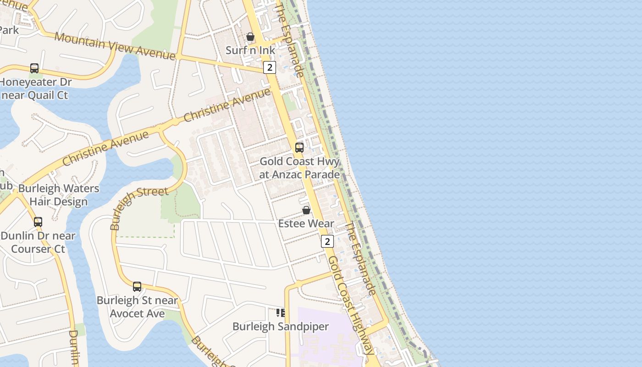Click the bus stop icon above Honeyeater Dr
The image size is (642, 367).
pyautogui.click(x=34, y=68)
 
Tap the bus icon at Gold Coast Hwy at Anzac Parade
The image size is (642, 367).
pyautogui.click(x=299, y=147)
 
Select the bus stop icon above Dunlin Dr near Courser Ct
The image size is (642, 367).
pyautogui.click(x=38, y=222)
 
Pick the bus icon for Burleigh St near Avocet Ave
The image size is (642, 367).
pyautogui.click(x=137, y=287)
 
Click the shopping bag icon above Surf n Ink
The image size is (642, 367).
pyautogui.click(x=250, y=37)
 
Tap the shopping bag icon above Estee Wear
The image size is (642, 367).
pyautogui.click(x=306, y=210)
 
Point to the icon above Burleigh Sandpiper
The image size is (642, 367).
pyautogui.click(x=281, y=313)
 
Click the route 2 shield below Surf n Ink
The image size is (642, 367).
pyautogui.click(x=270, y=67)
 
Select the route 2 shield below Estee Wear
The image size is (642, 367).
pyautogui.click(x=327, y=241)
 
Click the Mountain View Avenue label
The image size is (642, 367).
pyautogui.click(x=115, y=46)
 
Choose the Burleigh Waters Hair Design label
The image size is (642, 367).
pyautogui.click(x=58, y=195)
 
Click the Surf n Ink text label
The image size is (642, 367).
pyautogui.click(x=250, y=50)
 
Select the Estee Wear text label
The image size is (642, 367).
pyautogui.click(x=306, y=224)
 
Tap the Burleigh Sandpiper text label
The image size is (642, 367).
pyautogui.click(x=281, y=327)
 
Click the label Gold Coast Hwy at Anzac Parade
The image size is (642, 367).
pyautogui.click(x=299, y=168)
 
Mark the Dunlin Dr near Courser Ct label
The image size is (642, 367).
pyautogui.click(x=38, y=242)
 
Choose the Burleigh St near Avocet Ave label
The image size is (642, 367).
pyautogui.click(x=137, y=307)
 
